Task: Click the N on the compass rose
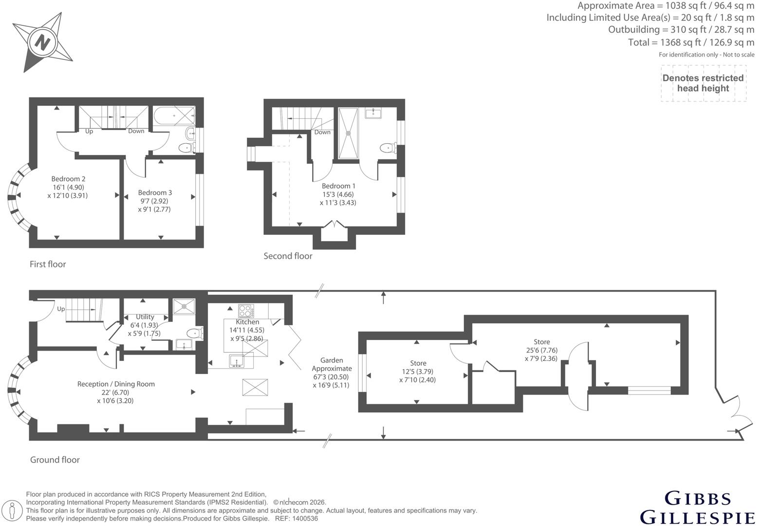42,43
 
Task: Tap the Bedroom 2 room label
68,179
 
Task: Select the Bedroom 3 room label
155,192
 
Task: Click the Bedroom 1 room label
338,186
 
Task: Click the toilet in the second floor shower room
389,148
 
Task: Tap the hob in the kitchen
246,310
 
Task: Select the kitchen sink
237,361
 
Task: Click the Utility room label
145,317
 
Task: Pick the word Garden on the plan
332,360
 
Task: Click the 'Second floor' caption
288,256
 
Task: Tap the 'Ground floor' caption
55,460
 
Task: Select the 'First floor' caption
48,264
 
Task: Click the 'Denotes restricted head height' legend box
703,83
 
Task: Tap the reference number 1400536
305,519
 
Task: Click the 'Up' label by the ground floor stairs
61,309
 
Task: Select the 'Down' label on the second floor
322,132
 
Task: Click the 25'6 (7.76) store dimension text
541,350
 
